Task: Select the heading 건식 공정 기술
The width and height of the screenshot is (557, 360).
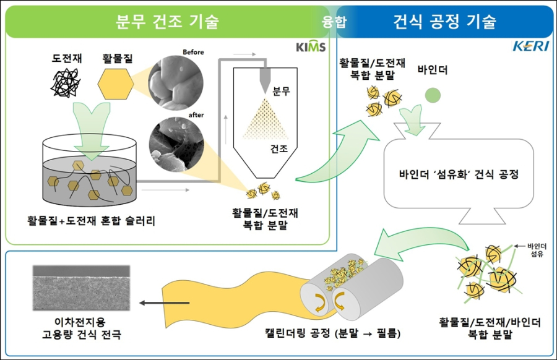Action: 444,22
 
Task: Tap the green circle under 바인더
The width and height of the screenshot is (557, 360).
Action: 433,93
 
